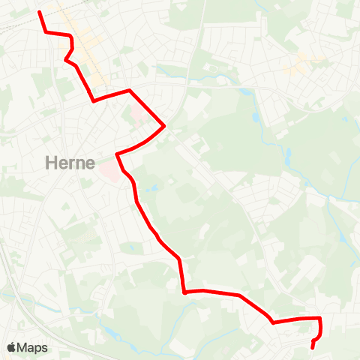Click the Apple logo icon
pyautogui.click(x=11, y=347)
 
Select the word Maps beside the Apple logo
pyautogui.click(x=33, y=347)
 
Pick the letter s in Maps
pyautogui.click(x=45, y=348)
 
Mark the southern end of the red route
pyautogui.click(x=312, y=348)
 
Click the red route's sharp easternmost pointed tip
pyautogui.click(x=164, y=126)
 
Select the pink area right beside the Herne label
pyautogui.click(x=108, y=171)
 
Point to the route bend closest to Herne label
pyautogui.click(x=117, y=154)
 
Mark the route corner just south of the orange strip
pyautogui.click(x=94, y=100)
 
